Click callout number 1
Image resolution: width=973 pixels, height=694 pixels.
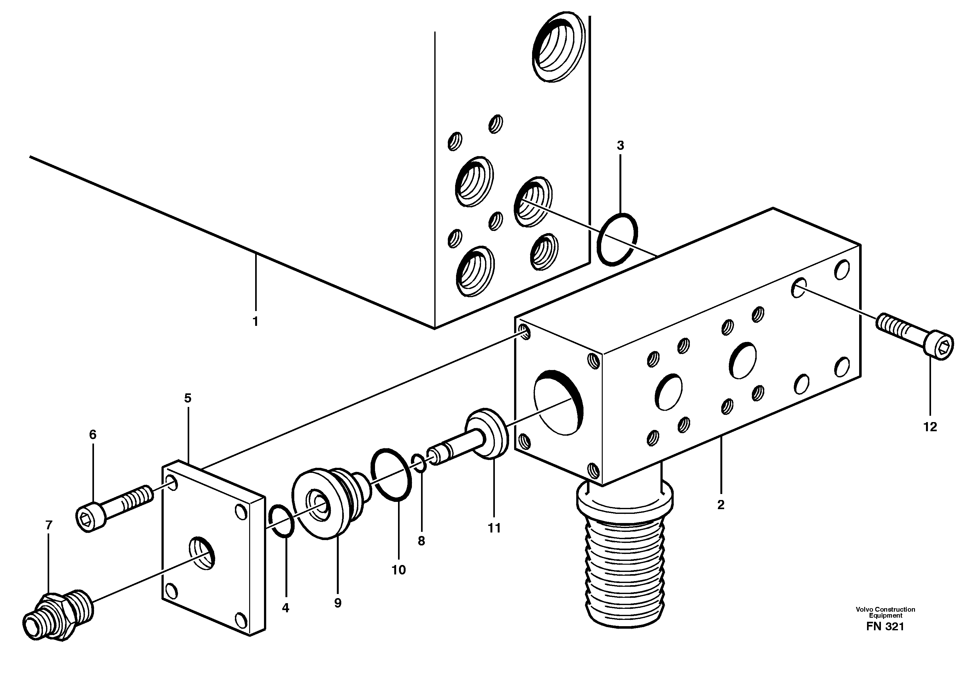coord(255,322)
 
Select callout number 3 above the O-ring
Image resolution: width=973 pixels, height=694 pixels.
coord(620,146)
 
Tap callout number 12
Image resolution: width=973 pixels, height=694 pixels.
coord(930,426)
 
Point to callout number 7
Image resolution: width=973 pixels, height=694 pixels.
coord(49,525)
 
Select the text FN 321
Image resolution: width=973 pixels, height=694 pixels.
coord(885,627)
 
